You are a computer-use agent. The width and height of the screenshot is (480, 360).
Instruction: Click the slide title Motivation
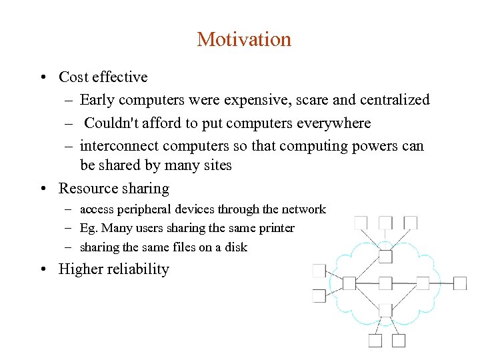point(244,39)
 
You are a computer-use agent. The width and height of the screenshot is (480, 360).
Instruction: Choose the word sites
point(215,165)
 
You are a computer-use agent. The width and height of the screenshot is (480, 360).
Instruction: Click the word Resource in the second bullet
point(87,189)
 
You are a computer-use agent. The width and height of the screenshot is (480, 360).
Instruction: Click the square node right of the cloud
point(460,283)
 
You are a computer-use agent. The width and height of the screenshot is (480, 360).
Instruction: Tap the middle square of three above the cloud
point(385,223)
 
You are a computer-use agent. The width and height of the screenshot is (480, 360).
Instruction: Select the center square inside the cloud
point(385,283)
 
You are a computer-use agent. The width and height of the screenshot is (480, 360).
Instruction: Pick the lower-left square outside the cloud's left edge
point(319,296)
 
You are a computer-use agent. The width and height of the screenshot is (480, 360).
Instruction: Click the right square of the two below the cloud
point(399,341)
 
